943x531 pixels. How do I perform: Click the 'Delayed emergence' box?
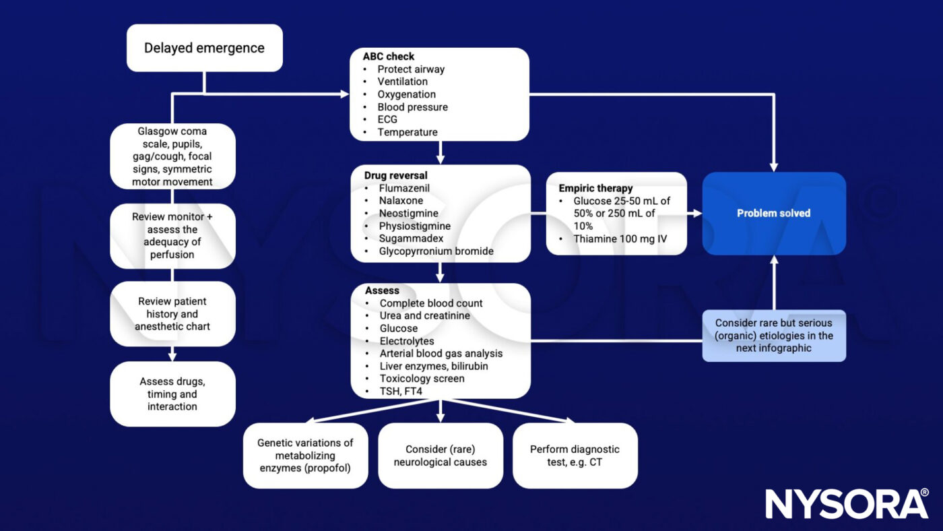(x=204, y=48)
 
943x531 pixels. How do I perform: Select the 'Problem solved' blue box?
(x=773, y=213)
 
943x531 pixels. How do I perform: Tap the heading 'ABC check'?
(x=389, y=57)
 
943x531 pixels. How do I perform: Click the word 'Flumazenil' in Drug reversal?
(x=403, y=188)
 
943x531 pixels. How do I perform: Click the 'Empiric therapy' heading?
(x=595, y=188)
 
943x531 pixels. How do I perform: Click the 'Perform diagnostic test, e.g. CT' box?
(x=575, y=456)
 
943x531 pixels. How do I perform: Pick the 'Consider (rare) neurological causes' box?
(x=441, y=456)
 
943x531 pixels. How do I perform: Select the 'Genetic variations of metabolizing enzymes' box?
(x=305, y=456)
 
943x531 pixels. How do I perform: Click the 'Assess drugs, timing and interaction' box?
(x=172, y=394)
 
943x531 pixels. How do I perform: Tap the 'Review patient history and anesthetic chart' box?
(x=172, y=314)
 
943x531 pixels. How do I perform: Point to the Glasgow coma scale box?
(x=172, y=156)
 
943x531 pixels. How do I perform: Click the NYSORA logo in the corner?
(x=847, y=503)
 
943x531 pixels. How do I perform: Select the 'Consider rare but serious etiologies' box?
(x=774, y=336)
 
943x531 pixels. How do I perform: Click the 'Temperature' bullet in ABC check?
(x=407, y=132)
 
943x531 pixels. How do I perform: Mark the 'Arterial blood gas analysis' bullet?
(x=441, y=354)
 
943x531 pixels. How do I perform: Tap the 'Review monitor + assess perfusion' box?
(x=172, y=236)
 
